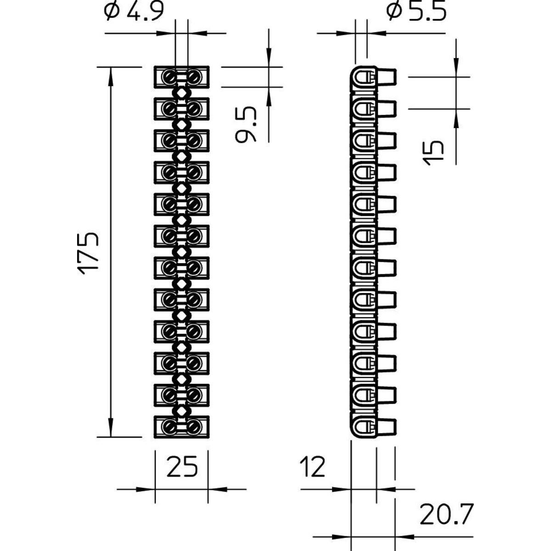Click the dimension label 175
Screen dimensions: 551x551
tap(88, 253)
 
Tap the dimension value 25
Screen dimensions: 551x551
tap(182, 467)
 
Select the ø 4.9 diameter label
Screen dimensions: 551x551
tap(134, 12)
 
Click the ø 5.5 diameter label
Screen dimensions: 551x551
tap(416, 12)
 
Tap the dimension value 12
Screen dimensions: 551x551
tap(312, 467)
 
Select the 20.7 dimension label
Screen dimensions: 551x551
tap(446, 514)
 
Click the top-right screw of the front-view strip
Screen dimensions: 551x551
tap(193, 76)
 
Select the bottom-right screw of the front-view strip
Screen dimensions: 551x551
tap(193, 427)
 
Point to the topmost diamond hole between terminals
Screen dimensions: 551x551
tap(181, 92)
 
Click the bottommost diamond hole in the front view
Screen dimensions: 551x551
tap(181, 410)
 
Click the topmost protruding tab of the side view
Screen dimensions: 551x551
tap(386, 77)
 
